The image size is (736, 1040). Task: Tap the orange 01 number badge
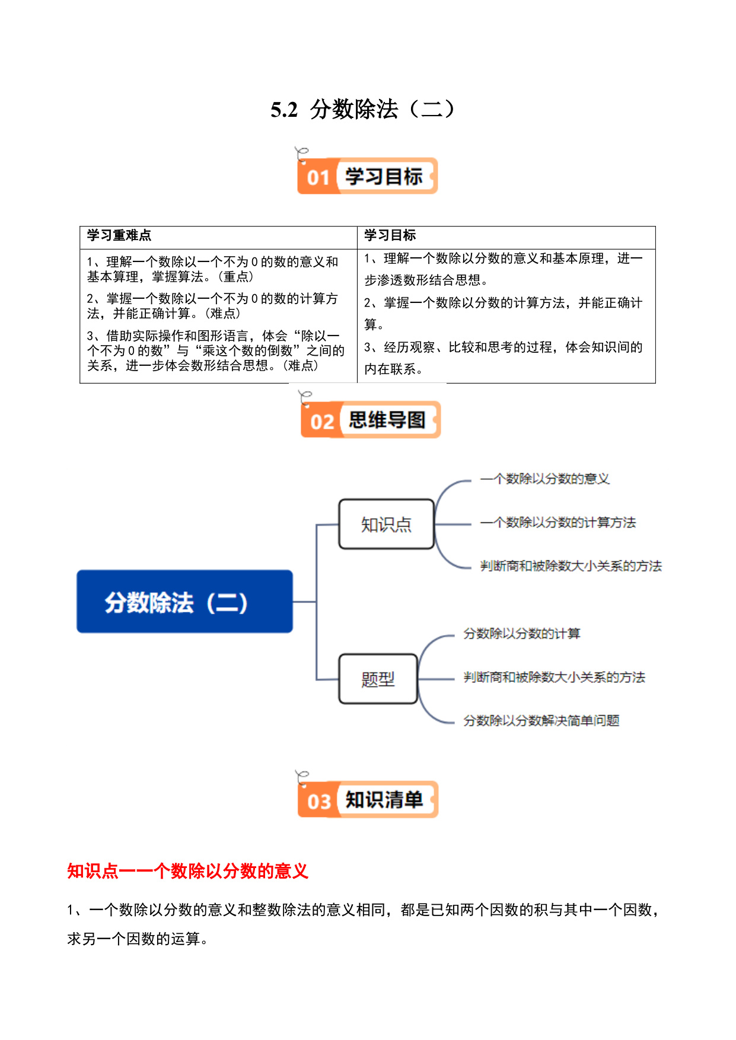(x=318, y=177)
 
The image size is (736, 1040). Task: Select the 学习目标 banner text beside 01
(x=384, y=176)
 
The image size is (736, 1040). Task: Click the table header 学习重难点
(x=119, y=235)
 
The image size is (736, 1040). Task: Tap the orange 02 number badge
(x=322, y=422)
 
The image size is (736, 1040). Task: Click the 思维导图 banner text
(x=387, y=420)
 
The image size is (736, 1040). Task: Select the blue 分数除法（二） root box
(x=184, y=602)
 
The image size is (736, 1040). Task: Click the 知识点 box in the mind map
(x=387, y=524)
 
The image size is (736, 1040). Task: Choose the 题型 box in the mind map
(x=378, y=679)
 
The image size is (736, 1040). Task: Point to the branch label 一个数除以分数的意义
(x=545, y=478)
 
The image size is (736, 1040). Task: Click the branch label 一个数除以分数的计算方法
(x=558, y=522)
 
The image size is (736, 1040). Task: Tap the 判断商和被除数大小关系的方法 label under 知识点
(x=571, y=566)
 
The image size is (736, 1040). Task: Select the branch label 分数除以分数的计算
(x=522, y=633)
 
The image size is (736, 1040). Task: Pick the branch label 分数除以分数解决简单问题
(x=541, y=720)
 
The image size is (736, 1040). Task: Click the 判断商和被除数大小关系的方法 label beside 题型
(x=555, y=677)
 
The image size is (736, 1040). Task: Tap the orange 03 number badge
(x=318, y=801)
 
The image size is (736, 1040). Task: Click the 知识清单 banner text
(x=384, y=800)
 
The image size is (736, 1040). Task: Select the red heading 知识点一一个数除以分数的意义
(x=187, y=871)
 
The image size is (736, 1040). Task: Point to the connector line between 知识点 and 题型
(x=317, y=602)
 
